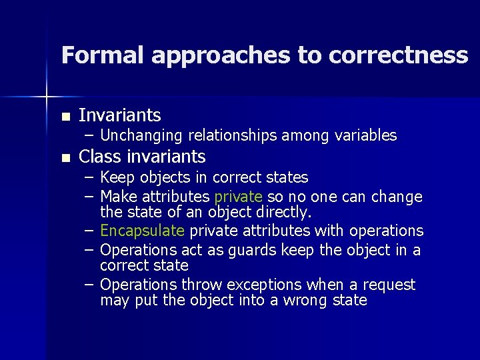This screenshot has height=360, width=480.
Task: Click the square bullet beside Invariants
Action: pyautogui.click(x=65, y=117)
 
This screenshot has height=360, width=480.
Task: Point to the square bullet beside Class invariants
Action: pyautogui.click(x=65, y=158)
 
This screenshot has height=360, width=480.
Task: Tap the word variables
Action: pyautogui.click(x=363, y=136)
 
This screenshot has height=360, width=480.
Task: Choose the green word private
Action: pyautogui.click(x=239, y=197)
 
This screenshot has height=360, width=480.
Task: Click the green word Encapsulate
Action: pyautogui.click(x=142, y=231)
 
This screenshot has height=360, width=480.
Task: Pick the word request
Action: pyautogui.click(x=389, y=285)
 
